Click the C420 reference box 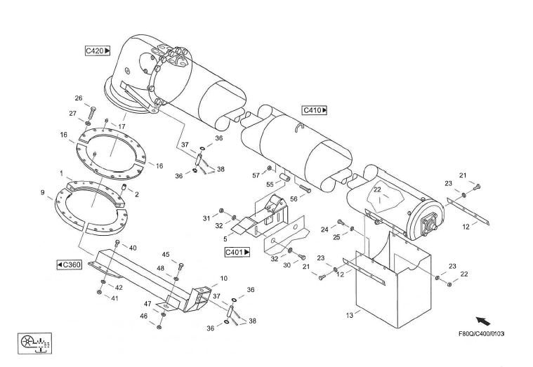pos(98,51)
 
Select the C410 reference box pos(315,110)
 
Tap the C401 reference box pos(237,252)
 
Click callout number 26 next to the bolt pos(79,98)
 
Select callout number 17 pos(121,126)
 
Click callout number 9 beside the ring pos(43,192)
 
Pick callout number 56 pos(294,199)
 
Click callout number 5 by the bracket pos(225,239)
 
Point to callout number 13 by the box pos(349,316)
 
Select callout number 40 pos(133,247)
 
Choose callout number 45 pos(166,254)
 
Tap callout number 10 pos(224,279)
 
